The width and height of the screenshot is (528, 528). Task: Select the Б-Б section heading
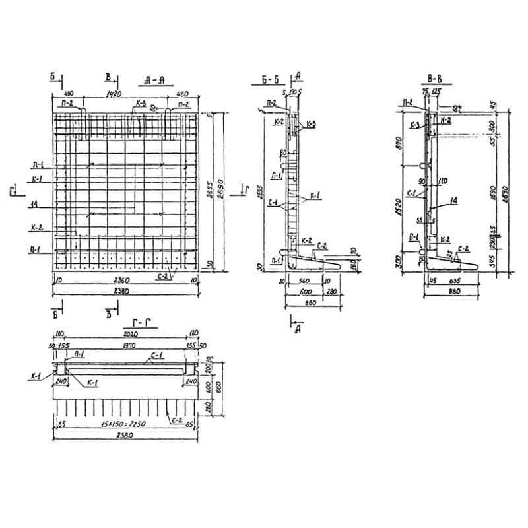point(267,81)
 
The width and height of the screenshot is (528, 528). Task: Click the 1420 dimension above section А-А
point(114,94)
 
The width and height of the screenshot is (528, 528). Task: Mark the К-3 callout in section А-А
point(140,104)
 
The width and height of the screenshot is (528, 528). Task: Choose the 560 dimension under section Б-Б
point(303,279)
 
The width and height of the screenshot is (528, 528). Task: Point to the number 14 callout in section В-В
point(454,200)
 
